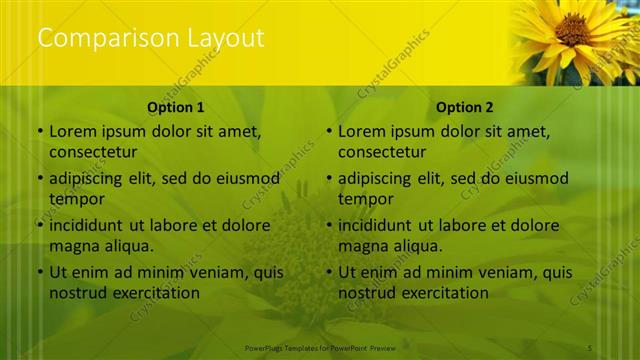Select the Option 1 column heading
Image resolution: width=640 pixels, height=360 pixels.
176,107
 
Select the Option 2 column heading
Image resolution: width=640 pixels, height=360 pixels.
465,107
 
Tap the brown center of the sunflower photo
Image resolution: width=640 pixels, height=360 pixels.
572,29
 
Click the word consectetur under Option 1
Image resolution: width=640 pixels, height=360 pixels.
93,152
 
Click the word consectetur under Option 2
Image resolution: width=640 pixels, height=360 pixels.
382,152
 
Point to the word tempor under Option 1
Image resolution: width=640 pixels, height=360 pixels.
75,198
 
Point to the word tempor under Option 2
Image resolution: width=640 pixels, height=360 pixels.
364,198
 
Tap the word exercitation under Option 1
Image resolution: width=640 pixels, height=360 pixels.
153,293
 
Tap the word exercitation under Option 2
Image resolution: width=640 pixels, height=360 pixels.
442,293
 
